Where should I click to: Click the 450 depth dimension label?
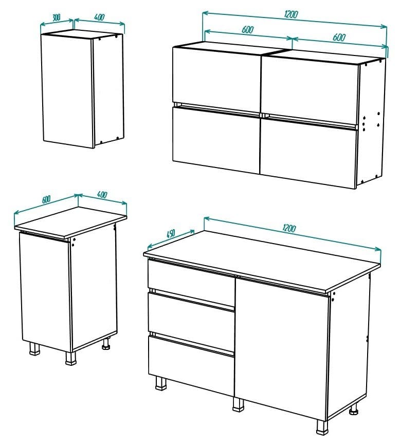pos(171,233)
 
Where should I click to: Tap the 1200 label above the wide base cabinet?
pos(289,228)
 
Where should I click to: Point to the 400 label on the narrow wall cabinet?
pos(99,17)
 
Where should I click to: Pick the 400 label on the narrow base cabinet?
pos(102,195)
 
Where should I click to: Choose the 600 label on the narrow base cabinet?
pos(46,199)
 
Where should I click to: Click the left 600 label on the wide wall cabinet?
pos(248,29)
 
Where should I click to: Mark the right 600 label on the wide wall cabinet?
pos(339,37)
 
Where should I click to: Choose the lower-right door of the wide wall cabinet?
pos(307,152)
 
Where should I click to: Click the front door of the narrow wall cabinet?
pos(67,90)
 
